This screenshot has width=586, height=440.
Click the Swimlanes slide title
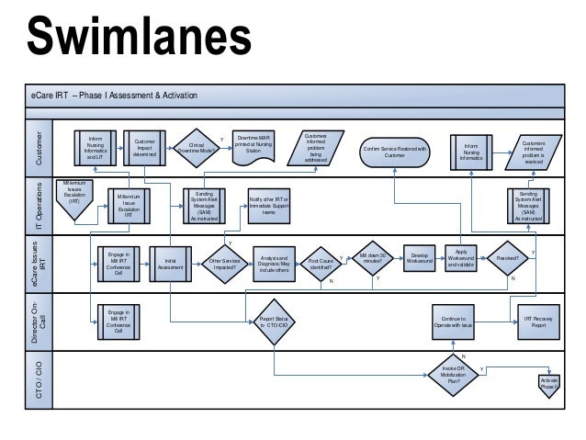click(139, 38)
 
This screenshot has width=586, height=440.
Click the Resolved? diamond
click(508, 260)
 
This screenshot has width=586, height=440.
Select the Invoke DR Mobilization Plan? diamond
click(454, 378)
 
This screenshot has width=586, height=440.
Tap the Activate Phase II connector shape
click(549, 383)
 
